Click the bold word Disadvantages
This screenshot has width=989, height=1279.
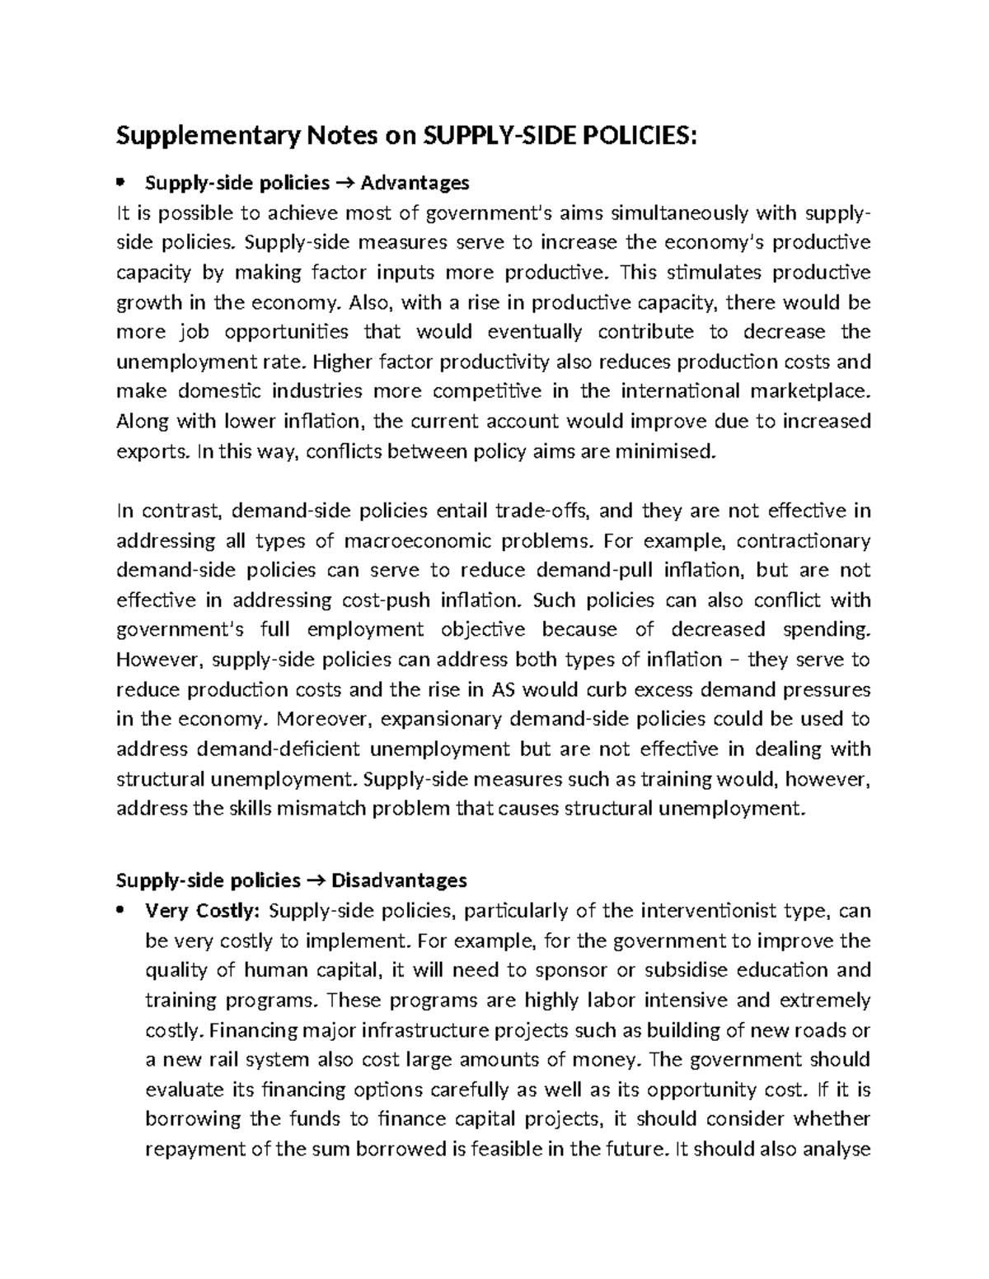pyautogui.click(x=399, y=880)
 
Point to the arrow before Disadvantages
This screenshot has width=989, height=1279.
pyautogui.click(x=316, y=880)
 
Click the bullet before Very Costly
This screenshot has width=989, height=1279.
pyautogui.click(x=121, y=911)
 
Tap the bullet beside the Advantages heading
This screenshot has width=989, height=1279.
pyautogui.click(x=121, y=182)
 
